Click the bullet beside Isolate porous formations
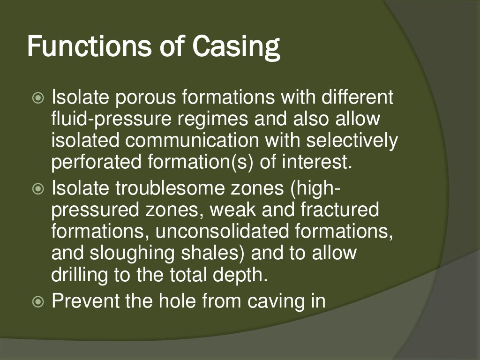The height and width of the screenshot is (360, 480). [38, 98]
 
